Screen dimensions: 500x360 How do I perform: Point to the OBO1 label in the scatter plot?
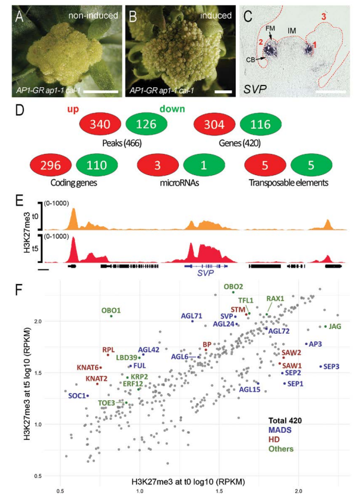pyautogui.click(x=94, y=309)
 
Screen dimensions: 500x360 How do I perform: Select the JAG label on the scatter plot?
pyautogui.click(x=335, y=325)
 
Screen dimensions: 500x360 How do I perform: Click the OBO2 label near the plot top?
pyautogui.click(x=233, y=286)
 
